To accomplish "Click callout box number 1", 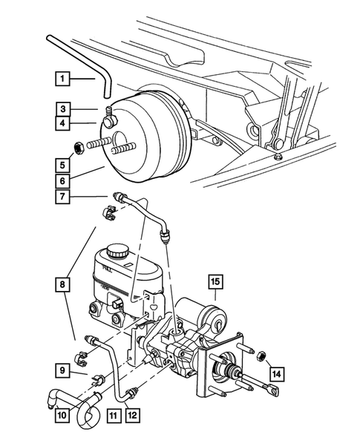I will point(63,77).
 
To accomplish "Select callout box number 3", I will point(63,108).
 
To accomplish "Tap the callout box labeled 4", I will point(63,123).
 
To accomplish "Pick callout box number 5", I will point(63,164).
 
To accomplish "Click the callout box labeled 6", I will point(63,180).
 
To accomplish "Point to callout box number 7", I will point(63,197).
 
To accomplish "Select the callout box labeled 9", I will point(63,369).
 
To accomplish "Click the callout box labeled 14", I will point(276,374).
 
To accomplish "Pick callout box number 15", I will point(215,281).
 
